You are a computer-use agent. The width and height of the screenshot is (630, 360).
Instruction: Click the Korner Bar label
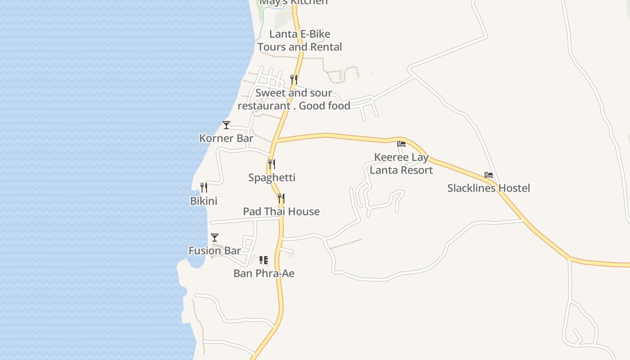pos(226,138)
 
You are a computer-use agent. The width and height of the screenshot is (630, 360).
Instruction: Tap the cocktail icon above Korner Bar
pos(226,125)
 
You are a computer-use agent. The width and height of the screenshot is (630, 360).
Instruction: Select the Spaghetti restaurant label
pos(272,177)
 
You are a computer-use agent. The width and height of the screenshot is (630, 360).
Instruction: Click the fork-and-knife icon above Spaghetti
pos(272,164)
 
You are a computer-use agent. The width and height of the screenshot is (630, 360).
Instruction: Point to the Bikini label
pos(204,201)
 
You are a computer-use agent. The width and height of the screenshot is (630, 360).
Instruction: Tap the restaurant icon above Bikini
pos(204,187)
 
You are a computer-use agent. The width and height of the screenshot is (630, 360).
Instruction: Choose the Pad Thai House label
pos(281,211)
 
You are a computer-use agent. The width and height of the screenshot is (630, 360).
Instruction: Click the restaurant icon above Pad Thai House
pos(281,198)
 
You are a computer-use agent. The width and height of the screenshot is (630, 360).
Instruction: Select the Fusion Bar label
pos(215,251)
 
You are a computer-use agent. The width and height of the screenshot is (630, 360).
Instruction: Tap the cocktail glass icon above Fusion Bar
pos(215,237)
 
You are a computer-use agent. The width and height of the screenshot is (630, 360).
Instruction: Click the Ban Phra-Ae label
pos(264,273)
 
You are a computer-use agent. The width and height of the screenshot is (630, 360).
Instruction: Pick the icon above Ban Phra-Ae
pos(264,260)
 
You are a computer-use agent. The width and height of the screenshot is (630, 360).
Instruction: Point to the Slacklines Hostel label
pos(488,188)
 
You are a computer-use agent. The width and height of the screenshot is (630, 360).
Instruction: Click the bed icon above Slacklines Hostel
pos(489,175)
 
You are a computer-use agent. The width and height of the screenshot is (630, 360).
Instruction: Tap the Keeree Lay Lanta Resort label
pos(401,164)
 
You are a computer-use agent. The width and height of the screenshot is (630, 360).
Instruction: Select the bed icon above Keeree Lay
pos(401,144)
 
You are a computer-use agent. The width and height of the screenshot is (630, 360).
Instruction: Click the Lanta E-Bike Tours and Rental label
pos(300,40)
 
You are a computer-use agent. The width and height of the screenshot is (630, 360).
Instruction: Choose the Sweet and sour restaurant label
pos(294,99)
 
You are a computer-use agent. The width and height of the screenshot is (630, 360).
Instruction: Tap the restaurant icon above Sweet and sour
pos(294,80)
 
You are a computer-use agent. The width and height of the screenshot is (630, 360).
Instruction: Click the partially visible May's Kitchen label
pos(294,3)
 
